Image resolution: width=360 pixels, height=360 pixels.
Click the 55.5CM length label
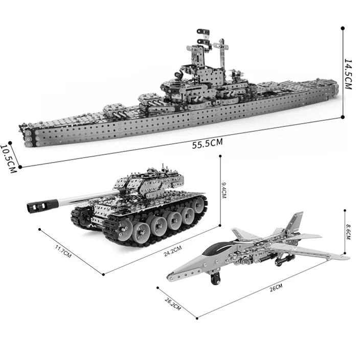point(207,144)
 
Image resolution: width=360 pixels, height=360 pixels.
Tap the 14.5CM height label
point(348,74)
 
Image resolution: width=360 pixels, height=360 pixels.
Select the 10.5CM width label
point(9,159)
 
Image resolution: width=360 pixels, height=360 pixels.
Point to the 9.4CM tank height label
point(223,190)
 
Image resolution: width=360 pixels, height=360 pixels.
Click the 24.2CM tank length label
point(173,251)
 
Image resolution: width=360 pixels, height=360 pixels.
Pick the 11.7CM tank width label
point(63,251)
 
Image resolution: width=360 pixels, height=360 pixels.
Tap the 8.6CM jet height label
point(348,232)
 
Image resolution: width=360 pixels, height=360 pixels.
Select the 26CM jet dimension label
point(276,288)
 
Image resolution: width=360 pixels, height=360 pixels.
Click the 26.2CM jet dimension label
point(173,304)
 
